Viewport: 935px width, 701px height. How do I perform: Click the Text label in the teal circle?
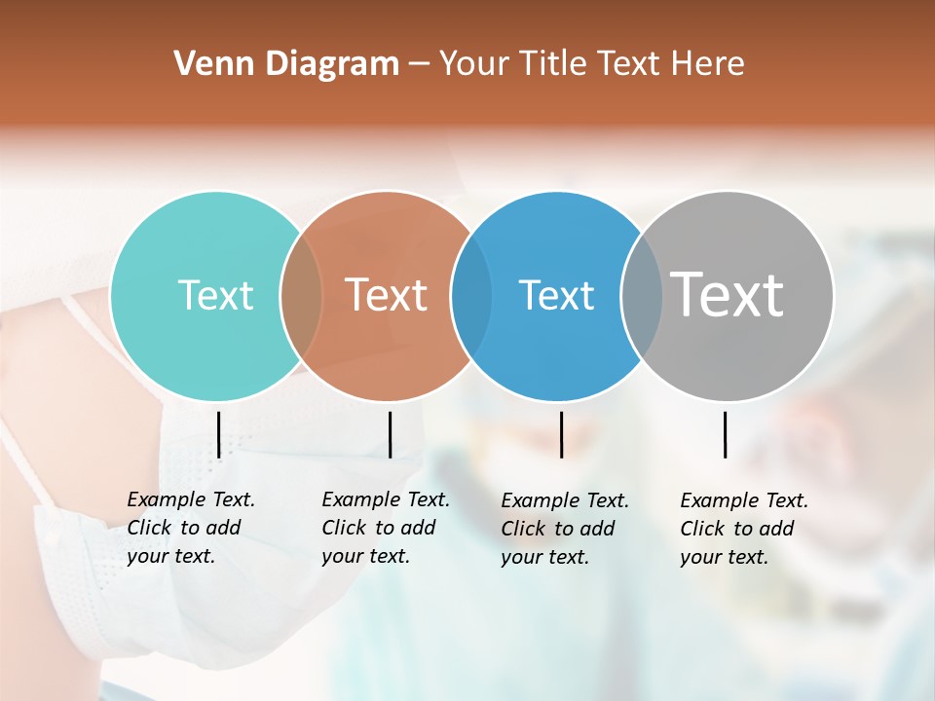click(x=215, y=295)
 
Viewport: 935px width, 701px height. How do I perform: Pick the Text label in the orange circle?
click(x=387, y=295)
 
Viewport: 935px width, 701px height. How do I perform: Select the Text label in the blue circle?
click(x=556, y=295)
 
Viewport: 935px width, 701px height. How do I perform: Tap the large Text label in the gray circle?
click(x=728, y=294)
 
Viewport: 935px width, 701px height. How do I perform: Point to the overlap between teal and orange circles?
click(x=301, y=296)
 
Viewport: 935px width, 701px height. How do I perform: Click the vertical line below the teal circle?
click(x=218, y=434)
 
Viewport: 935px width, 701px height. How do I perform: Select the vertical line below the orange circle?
click(x=390, y=434)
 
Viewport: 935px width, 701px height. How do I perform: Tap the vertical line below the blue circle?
click(x=561, y=434)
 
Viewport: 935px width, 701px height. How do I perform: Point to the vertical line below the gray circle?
click(x=725, y=434)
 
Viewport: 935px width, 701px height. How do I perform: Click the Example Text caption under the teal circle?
click(x=190, y=499)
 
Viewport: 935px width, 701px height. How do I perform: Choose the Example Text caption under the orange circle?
click(x=385, y=499)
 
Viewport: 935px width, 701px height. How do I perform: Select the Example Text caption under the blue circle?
click(x=564, y=500)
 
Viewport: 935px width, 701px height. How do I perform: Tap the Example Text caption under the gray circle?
click(x=743, y=500)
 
